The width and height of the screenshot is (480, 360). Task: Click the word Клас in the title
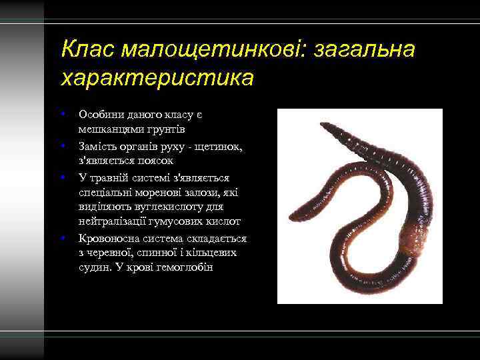point(83,49)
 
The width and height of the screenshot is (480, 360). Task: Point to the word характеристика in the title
point(157,77)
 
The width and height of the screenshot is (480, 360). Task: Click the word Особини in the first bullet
point(100,115)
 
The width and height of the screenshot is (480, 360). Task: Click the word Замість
point(99,146)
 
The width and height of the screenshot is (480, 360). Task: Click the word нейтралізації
point(114,221)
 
